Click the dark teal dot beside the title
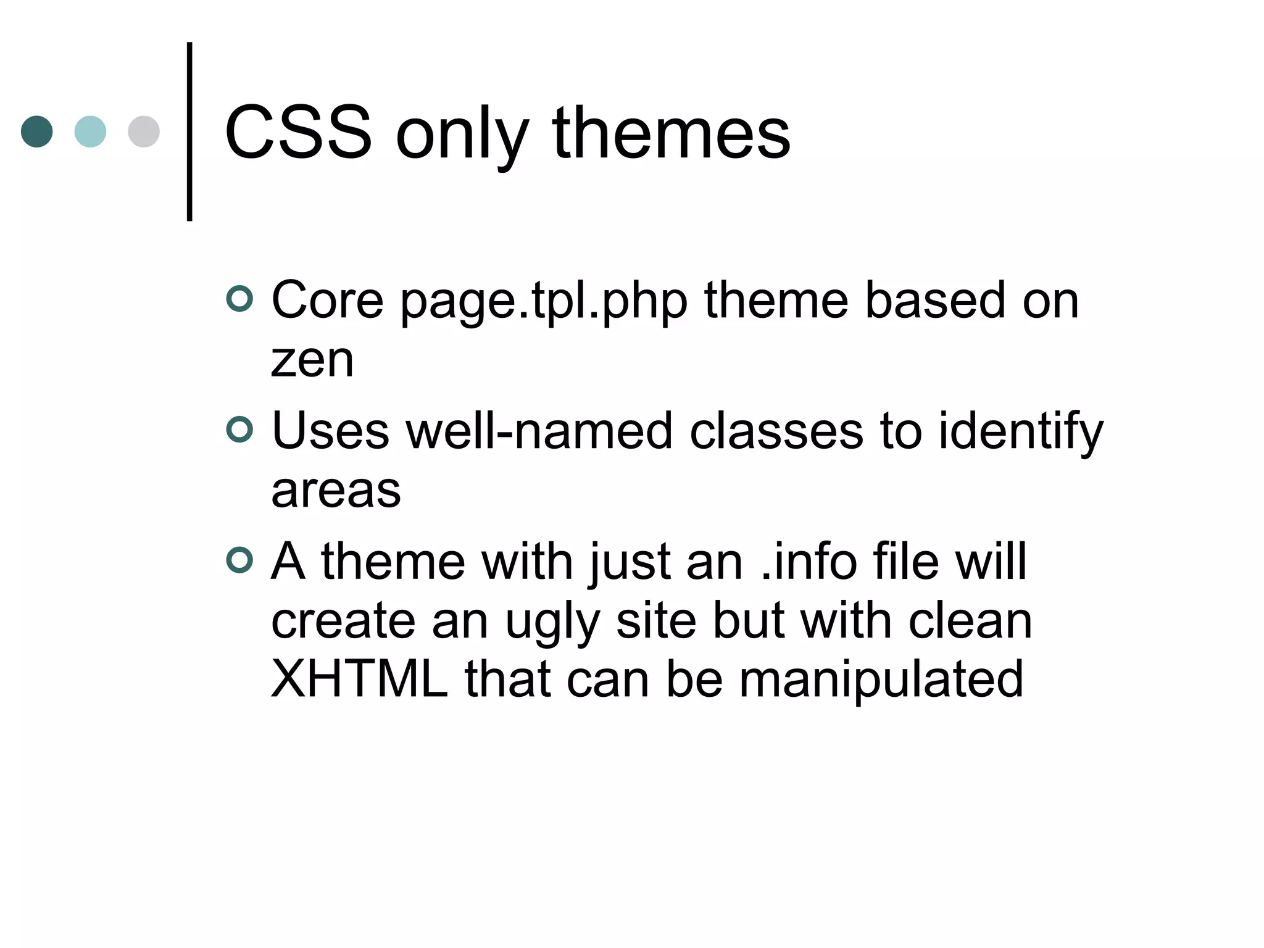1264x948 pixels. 36,131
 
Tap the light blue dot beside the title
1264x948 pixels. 90,131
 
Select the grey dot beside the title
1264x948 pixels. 144,131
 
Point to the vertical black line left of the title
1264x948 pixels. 189,131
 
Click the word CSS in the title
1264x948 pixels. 298,133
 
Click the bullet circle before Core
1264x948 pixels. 239,299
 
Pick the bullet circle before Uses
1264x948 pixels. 239,430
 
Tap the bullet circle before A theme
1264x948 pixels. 239,560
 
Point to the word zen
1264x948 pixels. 312,360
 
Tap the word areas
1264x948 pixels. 336,491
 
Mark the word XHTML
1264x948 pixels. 359,680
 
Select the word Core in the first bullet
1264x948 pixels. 328,301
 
